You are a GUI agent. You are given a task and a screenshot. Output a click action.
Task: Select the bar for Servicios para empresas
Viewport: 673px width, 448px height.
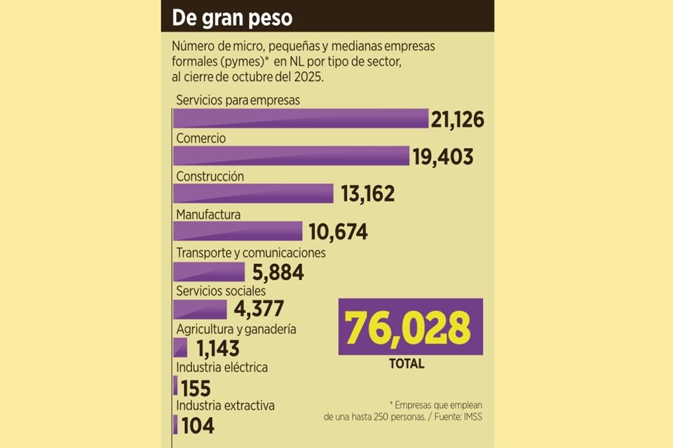pyautogui.click(x=301, y=118)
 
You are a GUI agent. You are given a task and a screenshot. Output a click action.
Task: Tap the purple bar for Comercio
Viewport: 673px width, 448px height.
pyautogui.click(x=291, y=155)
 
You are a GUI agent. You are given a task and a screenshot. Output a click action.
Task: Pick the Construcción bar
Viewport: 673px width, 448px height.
pyautogui.click(x=253, y=193)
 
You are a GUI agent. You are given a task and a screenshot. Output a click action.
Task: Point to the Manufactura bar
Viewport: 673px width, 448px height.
pyautogui.click(x=238, y=231)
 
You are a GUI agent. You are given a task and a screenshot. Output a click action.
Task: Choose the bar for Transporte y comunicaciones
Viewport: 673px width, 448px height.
pyautogui.click(x=209, y=271)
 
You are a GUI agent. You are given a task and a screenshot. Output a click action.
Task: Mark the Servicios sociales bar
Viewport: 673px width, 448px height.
pyautogui.click(x=200, y=309)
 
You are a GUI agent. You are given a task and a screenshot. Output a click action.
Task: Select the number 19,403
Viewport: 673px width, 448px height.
pyautogui.click(x=443, y=157)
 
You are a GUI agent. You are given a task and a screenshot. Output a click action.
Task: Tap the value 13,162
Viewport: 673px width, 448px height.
pyautogui.click(x=368, y=194)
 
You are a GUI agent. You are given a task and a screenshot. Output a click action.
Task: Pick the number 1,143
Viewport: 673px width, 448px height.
pyautogui.click(x=218, y=348)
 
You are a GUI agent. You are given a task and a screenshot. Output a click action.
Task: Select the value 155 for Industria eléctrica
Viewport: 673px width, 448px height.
pyautogui.click(x=196, y=387)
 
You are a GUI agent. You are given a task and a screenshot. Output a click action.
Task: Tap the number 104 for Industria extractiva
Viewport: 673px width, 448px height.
pyautogui.click(x=197, y=425)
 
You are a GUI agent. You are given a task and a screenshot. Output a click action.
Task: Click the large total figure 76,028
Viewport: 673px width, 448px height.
pyautogui.click(x=410, y=327)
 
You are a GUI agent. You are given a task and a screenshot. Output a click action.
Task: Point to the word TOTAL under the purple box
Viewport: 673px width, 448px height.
pyautogui.click(x=407, y=364)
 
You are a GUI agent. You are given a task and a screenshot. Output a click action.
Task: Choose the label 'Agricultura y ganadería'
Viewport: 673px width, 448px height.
pyautogui.click(x=236, y=329)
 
